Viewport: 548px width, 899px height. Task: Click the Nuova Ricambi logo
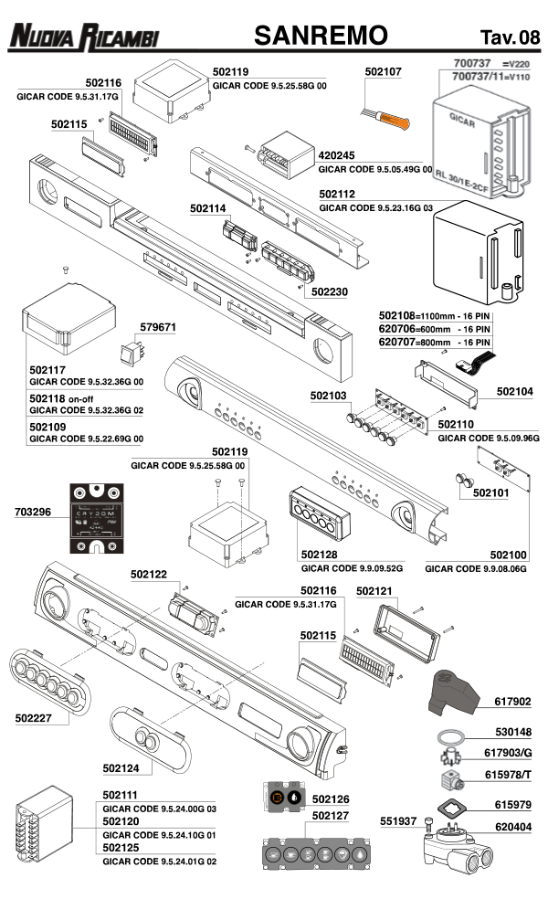[x=84, y=37]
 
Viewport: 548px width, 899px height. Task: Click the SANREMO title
[x=321, y=36]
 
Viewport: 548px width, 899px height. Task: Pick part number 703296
[x=35, y=513]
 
